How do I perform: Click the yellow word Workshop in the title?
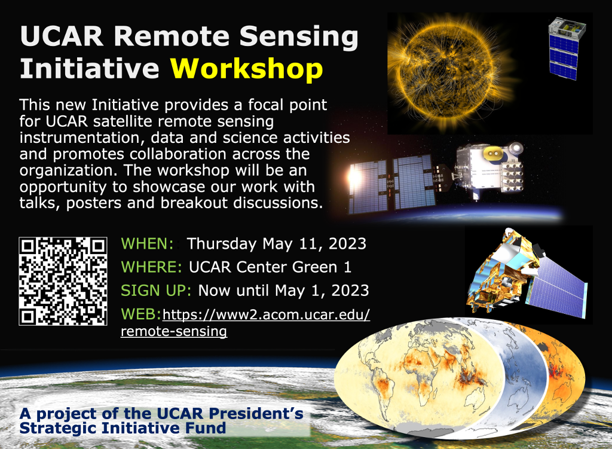point(247,69)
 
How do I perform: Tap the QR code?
point(63,281)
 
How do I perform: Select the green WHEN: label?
point(147,243)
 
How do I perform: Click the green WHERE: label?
point(151,267)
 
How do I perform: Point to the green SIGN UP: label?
point(156,291)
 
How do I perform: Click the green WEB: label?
point(141,314)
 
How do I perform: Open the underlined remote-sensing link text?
point(174,331)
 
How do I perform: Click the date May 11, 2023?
point(314,244)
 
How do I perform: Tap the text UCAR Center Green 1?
point(270,267)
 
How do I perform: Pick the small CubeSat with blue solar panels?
point(566,49)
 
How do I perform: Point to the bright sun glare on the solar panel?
point(354,176)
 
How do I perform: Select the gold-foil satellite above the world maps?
point(527,273)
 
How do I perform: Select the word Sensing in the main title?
point(299,37)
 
